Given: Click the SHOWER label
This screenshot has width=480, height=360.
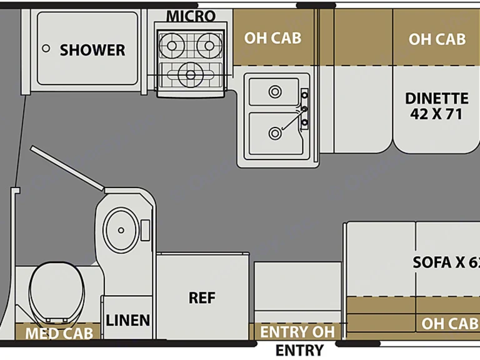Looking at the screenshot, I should click(x=92, y=50).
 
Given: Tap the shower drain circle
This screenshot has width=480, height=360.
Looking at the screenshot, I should click(x=46, y=47).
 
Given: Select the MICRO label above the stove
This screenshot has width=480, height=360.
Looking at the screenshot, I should click(x=191, y=16).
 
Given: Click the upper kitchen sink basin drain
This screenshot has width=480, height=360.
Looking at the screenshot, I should click(x=274, y=92).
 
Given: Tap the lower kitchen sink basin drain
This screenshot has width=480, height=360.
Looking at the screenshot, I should click(x=274, y=132).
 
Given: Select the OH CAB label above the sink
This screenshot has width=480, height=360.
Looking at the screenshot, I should click(x=272, y=38).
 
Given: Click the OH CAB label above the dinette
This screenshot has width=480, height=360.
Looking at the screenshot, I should click(x=437, y=39).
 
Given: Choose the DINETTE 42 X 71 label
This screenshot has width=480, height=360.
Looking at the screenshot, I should click(x=437, y=106).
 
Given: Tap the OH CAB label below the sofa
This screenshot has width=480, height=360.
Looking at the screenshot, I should click(x=449, y=323).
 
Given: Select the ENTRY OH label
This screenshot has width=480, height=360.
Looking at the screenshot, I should click(x=297, y=331).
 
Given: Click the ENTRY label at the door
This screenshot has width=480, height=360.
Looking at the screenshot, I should click(x=300, y=350).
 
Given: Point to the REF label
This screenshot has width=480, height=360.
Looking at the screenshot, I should click(x=202, y=297).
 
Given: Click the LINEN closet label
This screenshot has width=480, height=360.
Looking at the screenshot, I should click(x=127, y=321).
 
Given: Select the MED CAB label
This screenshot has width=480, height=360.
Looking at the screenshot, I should click(x=59, y=333).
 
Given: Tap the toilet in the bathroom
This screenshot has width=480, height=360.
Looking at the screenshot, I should click(x=54, y=292).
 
